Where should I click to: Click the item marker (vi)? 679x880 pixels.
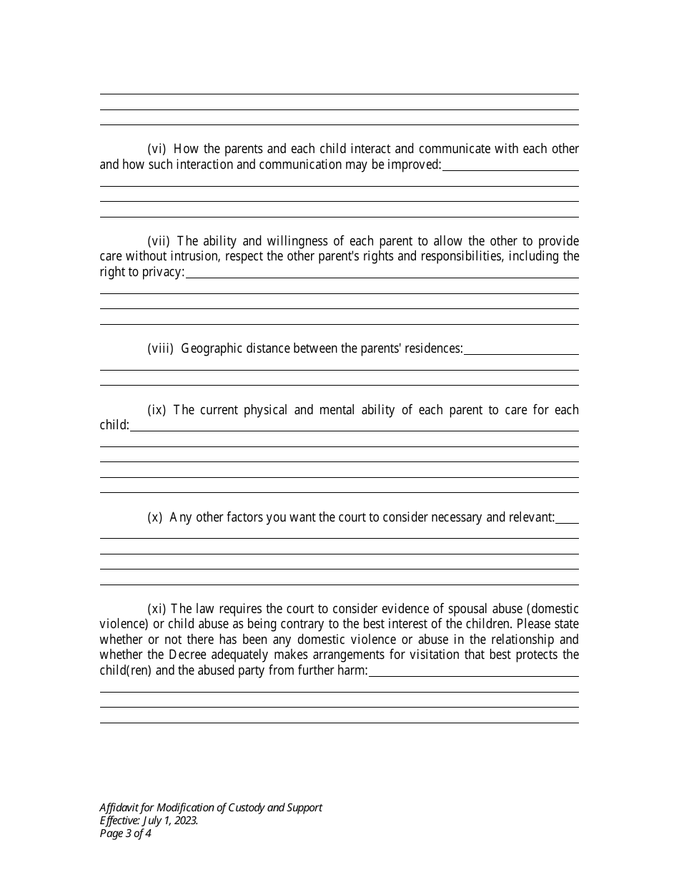pyautogui.click(x=157, y=150)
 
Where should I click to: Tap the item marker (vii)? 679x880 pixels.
pyautogui.click(x=159, y=241)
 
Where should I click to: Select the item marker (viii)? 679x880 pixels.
pyautogui.click(x=160, y=348)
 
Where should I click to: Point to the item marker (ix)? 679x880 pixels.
pyautogui.click(x=157, y=410)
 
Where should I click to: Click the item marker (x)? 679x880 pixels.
pyautogui.click(x=154, y=517)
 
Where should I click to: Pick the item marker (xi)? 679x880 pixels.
pyautogui.click(x=157, y=609)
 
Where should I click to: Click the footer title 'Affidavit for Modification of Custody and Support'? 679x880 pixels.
pyautogui.click(x=211, y=807)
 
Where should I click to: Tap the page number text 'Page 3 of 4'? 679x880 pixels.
pyautogui.click(x=125, y=833)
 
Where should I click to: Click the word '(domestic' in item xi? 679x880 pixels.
pyautogui.click(x=552, y=609)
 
